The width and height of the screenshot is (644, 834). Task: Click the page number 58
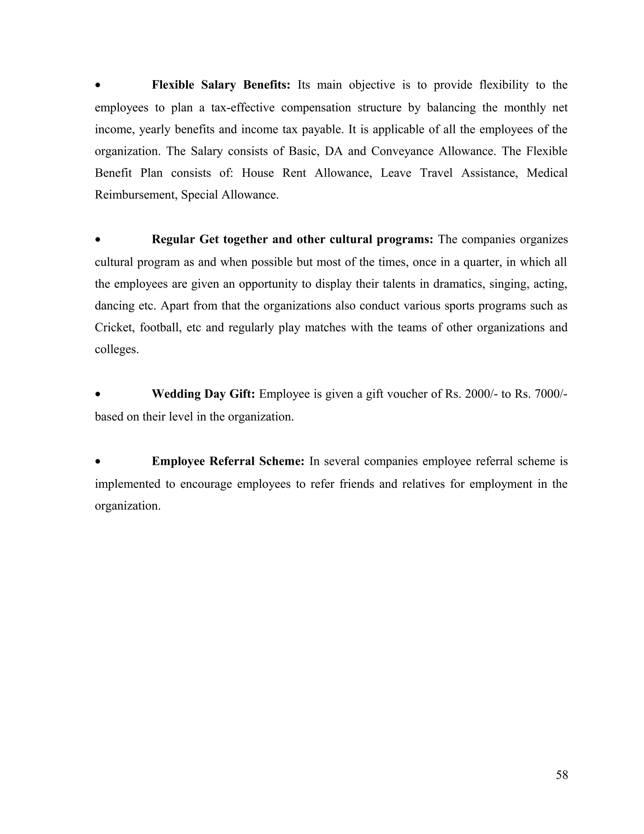coord(562,775)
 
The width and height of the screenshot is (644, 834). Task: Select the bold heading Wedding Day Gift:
coord(203,394)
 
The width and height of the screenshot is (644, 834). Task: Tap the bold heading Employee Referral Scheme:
coord(228,461)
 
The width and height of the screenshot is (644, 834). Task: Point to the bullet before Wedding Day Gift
coord(98,394)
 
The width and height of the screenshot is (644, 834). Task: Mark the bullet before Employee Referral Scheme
coord(98,462)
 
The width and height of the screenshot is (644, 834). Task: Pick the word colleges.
coord(116,349)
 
